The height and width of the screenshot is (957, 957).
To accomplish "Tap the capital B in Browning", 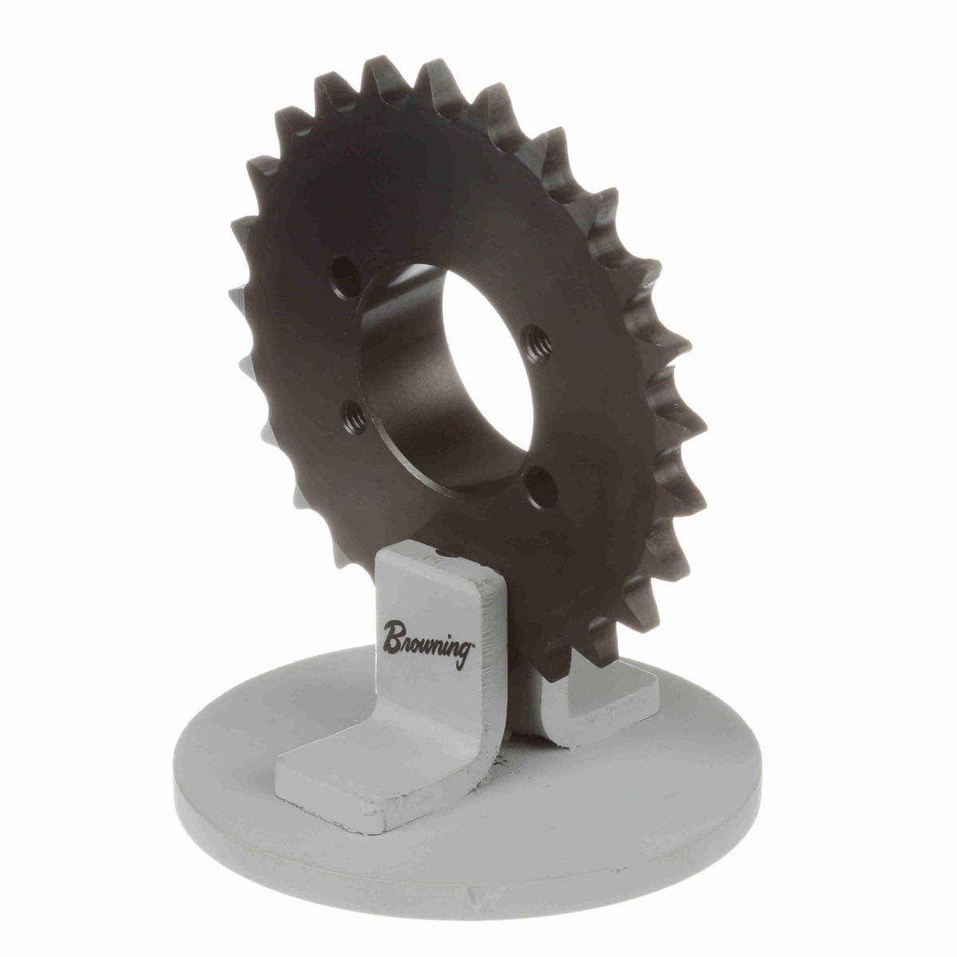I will tap(393, 636).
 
